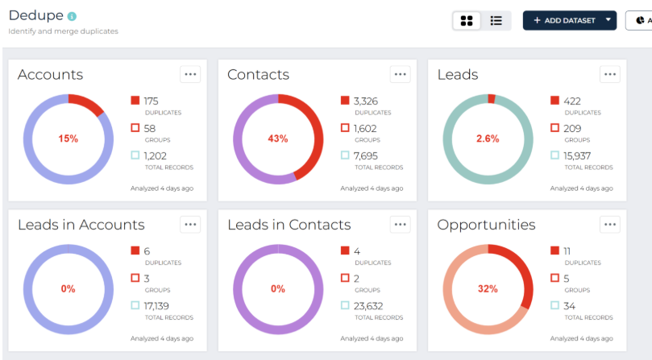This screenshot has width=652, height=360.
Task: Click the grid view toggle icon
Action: (x=467, y=21)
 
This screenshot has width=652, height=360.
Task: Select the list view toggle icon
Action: (x=496, y=21)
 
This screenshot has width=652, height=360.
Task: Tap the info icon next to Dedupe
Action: (x=73, y=16)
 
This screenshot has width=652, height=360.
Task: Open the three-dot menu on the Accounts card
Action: (x=190, y=74)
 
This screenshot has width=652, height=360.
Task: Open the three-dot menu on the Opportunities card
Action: (x=610, y=225)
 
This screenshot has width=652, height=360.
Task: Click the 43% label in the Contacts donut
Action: (x=278, y=139)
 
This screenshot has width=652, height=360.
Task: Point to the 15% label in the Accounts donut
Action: (x=69, y=139)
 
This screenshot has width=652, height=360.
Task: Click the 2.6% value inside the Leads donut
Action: (x=488, y=139)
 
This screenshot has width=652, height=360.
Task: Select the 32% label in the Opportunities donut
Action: (x=488, y=288)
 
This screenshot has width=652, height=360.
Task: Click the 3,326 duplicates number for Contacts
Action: (x=366, y=101)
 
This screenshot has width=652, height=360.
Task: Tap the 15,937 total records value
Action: (x=578, y=155)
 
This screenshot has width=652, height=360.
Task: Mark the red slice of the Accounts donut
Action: (x=87, y=103)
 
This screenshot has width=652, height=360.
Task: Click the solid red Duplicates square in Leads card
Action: (x=554, y=101)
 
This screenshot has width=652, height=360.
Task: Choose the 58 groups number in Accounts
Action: (x=150, y=128)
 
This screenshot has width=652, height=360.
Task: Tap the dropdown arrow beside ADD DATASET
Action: (x=608, y=20)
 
